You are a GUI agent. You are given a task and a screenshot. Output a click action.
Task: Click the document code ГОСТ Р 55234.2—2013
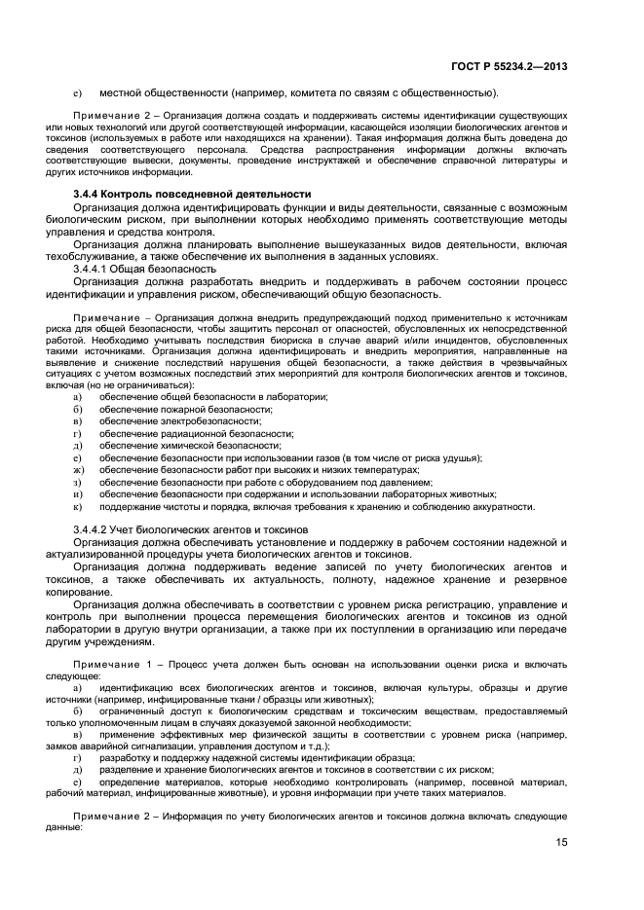[x=510, y=66]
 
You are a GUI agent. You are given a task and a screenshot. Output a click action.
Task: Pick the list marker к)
[x=77, y=506]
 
